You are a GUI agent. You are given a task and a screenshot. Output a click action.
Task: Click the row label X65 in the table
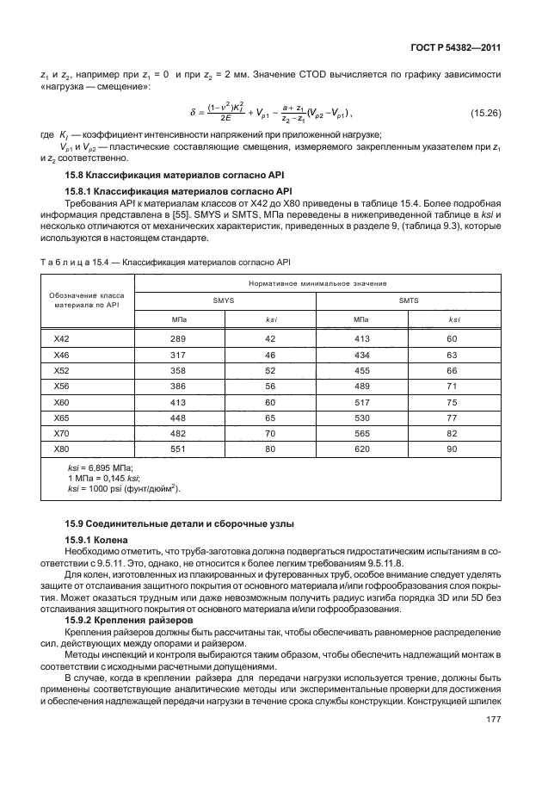pyautogui.click(x=61, y=418)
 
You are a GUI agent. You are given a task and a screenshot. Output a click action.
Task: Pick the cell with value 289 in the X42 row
pyautogui.click(x=178, y=339)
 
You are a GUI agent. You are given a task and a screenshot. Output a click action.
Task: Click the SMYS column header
pyautogui.click(x=225, y=300)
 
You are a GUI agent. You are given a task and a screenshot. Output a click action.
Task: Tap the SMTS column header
pyautogui.click(x=408, y=300)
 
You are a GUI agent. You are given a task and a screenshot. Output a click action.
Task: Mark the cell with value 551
pyautogui.click(x=178, y=449)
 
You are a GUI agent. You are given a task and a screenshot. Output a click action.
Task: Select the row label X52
pyautogui.click(x=61, y=370)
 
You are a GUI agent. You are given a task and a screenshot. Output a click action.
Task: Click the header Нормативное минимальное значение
pyautogui.click(x=317, y=282)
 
